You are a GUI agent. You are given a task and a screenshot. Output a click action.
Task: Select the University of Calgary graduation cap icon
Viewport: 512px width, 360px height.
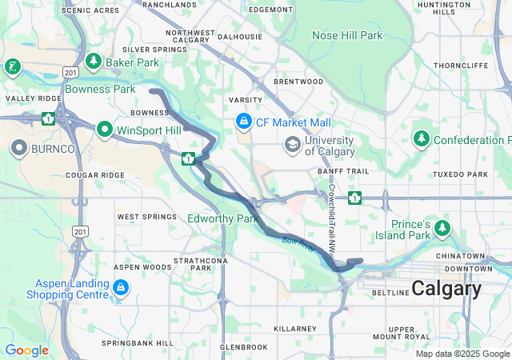[x=292, y=143]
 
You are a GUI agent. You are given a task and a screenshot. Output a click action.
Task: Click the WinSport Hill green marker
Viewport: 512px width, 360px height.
[x=105, y=129]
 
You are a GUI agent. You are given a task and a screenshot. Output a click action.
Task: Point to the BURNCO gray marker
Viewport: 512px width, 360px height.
[x=19, y=148]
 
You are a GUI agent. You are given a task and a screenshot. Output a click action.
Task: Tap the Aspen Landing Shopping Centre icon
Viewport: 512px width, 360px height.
[x=120, y=286]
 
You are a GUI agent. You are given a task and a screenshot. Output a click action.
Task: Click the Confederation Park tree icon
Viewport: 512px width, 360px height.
[x=421, y=139]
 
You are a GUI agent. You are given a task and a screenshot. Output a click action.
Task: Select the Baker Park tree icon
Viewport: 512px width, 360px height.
[x=94, y=62]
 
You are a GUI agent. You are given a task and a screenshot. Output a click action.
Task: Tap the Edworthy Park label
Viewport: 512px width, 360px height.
[x=222, y=218]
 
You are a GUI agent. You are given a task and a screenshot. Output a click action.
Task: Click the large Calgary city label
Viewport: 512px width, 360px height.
[x=446, y=289]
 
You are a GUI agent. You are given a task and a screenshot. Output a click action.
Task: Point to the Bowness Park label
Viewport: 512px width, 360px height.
[x=100, y=89]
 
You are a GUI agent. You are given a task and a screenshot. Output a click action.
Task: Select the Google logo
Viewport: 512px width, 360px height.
[x=26, y=350]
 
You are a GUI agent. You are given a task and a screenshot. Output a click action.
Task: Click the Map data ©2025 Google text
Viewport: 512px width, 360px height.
[x=462, y=354]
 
